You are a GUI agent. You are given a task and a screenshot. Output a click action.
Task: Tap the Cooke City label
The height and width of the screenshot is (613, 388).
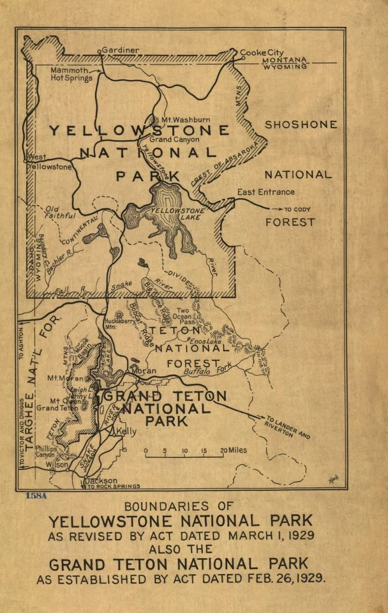(x=261, y=52)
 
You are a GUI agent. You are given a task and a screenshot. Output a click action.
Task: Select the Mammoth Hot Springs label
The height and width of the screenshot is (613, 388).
(x=71, y=73)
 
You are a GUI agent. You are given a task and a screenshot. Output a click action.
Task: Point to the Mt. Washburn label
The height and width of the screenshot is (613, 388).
(x=185, y=119)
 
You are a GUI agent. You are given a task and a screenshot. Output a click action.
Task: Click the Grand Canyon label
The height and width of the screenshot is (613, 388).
(x=174, y=139)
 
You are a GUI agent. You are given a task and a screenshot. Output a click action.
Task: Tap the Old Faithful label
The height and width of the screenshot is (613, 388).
(x=61, y=213)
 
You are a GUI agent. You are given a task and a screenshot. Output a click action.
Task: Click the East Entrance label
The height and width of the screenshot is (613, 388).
(x=266, y=192)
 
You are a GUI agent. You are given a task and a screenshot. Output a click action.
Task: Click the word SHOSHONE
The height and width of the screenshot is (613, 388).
(x=301, y=125)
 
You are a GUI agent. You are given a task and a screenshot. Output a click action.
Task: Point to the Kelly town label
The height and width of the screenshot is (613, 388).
(x=128, y=432)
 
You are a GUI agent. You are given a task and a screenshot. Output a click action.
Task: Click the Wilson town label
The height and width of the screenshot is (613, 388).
(x=57, y=465)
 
